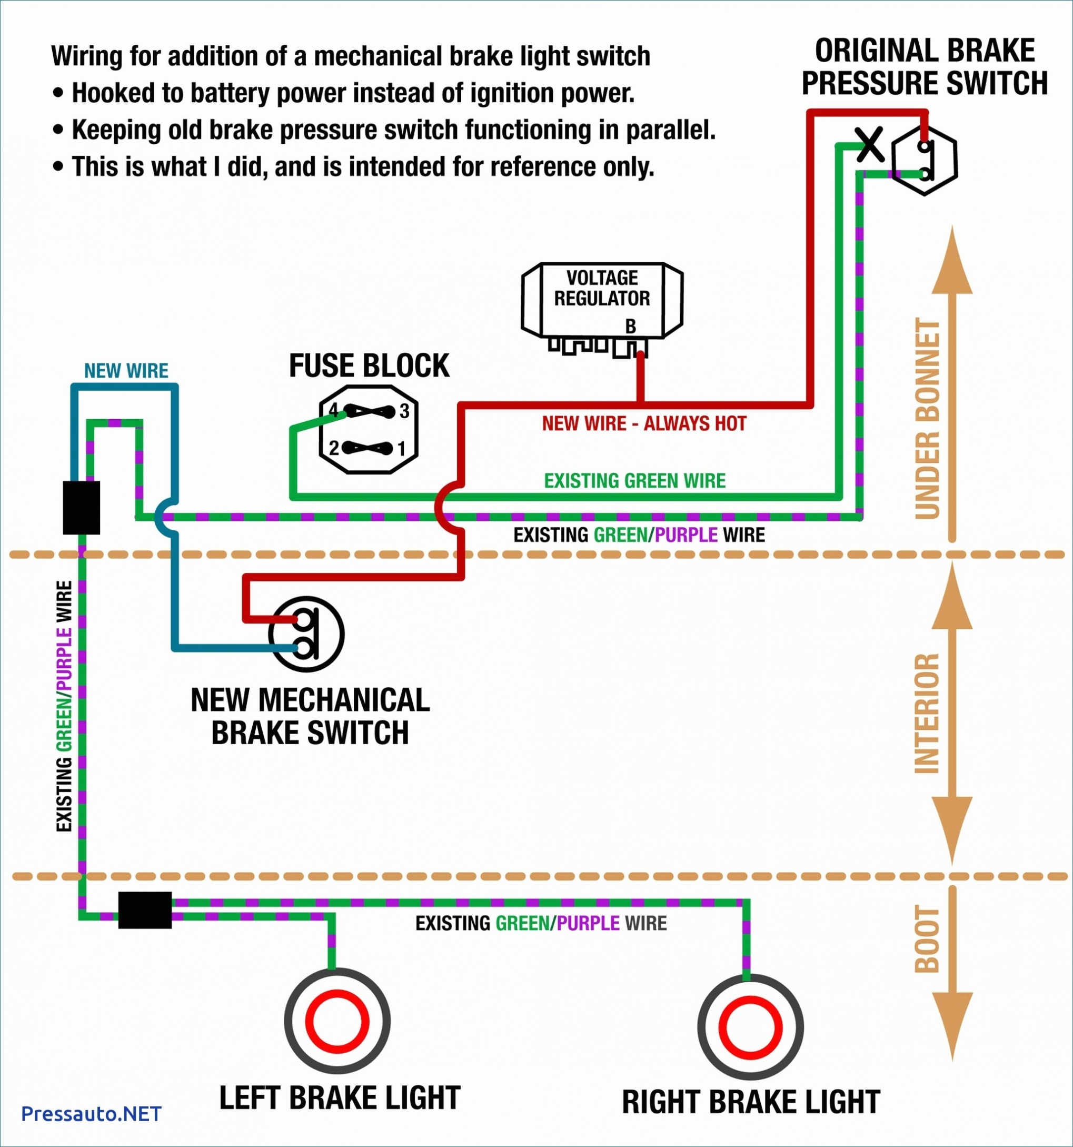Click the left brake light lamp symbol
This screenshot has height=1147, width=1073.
(x=337, y=1021)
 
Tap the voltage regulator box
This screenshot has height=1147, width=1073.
(x=602, y=300)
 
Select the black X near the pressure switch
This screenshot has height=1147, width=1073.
(x=869, y=145)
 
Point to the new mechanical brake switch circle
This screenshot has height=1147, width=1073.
(x=306, y=634)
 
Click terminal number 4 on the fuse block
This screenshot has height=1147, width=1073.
(x=333, y=411)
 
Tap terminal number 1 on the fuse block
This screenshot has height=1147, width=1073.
(x=402, y=448)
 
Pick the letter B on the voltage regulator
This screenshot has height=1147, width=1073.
(x=631, y=327)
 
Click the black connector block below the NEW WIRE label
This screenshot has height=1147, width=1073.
(x=81, y=507)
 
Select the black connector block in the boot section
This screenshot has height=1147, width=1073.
(x=145, y=910)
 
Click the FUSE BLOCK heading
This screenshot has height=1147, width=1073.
(x=369, y=366)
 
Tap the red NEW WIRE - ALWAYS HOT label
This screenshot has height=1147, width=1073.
(x=644, y=423)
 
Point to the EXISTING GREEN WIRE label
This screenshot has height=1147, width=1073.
(x=634, y=481)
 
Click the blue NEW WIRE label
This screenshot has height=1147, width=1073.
(x=126, y=370)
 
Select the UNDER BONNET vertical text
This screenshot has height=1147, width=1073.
(x=928, y=418)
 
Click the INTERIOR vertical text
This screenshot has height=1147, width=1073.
(x=928, y=713)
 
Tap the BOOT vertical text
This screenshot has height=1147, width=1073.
(x=928, y=938)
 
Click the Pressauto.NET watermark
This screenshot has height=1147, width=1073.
(x=91, y=1113)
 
